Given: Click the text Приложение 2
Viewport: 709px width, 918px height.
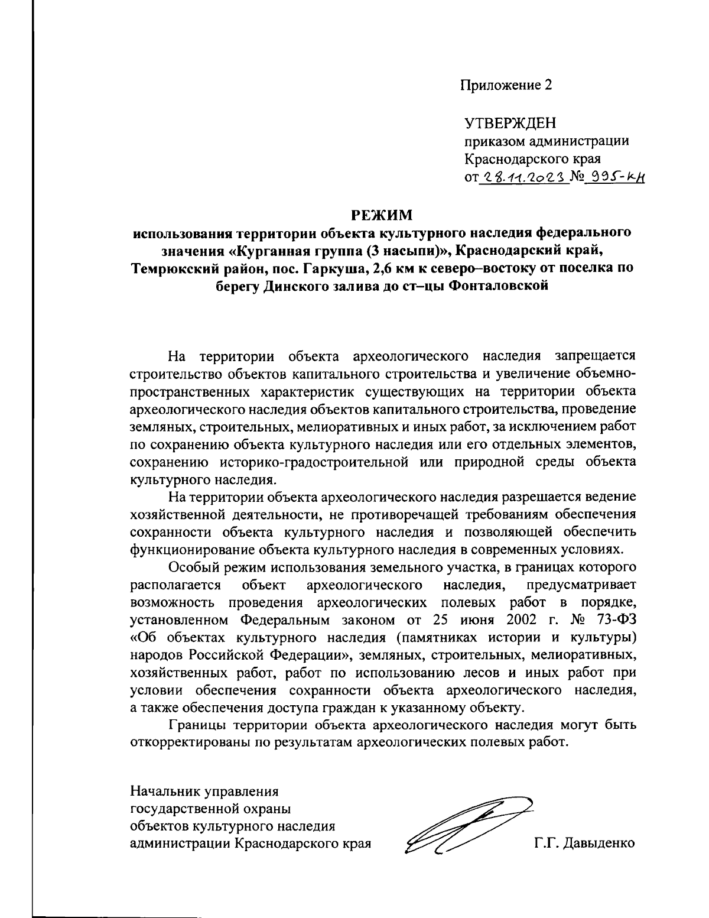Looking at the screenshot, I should [x=506, y=85].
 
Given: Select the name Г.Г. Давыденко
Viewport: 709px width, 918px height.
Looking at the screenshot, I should [x=584, y=843].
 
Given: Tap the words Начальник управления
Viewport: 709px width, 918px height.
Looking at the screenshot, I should [x=204, y=790].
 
